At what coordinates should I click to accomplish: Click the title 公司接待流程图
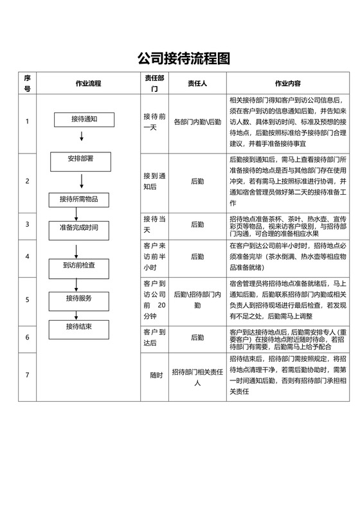point(183,59)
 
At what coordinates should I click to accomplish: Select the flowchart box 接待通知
point(84,119)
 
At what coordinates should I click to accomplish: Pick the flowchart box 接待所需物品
point(78,199)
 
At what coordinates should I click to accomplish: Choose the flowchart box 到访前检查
point(80,265)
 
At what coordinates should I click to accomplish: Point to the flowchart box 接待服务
point(78,299)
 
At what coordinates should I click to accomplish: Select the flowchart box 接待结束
point(78,328)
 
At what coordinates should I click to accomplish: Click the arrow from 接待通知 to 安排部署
point(82,136)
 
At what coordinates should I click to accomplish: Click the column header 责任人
point(197,84)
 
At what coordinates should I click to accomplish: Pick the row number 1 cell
point(27,122)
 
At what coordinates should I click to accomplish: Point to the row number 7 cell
point(27,375)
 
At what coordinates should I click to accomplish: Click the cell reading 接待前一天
point(155,122)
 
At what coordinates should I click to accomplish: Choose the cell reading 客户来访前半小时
point(155,256)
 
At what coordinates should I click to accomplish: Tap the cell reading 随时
point(156,375)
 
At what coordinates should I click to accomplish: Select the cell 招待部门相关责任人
point(197,375)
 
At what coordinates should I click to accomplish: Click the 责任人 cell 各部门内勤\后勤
point(197,122)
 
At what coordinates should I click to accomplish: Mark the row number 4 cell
point(27,256)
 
